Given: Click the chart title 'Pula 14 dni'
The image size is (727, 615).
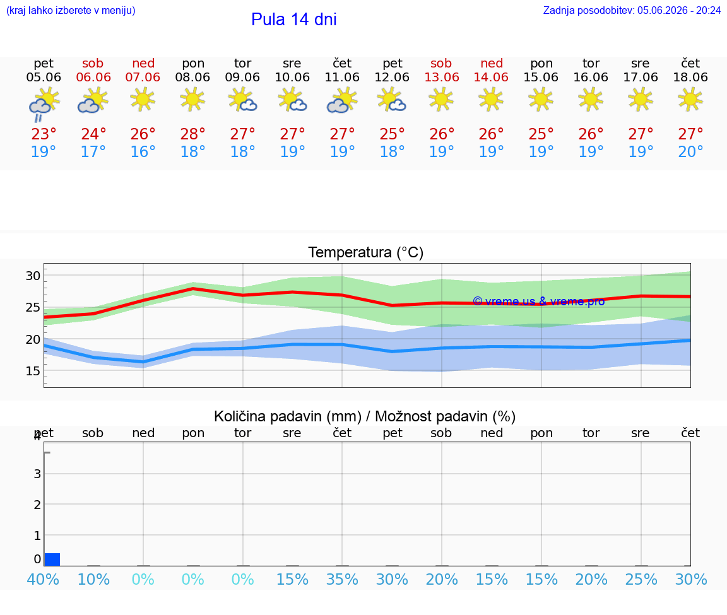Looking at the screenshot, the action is (x=294, y=20).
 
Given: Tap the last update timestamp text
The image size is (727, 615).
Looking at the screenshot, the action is (x=632, y=10).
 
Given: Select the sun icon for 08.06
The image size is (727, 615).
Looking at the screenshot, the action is (x=192, y=100).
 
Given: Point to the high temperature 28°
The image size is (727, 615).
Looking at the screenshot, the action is (x=192, y=134).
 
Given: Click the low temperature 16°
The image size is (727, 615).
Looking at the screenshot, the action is (x=143, y=151).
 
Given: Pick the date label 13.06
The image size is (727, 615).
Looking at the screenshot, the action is (x=442, y=77).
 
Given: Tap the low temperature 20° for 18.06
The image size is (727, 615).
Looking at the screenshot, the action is (x=690, y=151).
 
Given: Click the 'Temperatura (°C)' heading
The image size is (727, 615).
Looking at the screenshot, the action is (x=366, y=252).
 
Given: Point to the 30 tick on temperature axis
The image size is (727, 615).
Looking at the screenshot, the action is (x=33, y=276).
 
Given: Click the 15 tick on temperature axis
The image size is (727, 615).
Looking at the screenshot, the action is (x=33, y=371).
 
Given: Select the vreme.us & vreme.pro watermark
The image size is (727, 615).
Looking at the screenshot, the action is (x=539, y=302).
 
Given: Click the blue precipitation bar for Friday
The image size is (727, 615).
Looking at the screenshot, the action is (x=52, y=559).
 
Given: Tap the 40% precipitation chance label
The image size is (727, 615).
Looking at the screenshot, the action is (x=43, y=579).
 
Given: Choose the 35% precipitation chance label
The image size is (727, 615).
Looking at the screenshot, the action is (x=342, y=579).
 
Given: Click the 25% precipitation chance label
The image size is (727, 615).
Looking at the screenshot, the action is (x=641, y=579).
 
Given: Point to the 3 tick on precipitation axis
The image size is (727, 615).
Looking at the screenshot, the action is (x=38, y=474).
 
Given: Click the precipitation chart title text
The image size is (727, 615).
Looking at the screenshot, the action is (x=365, y=416).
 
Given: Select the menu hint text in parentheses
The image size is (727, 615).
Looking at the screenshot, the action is (x=71, y=10).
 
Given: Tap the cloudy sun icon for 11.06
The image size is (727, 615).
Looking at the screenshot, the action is (x=342, y=101).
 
